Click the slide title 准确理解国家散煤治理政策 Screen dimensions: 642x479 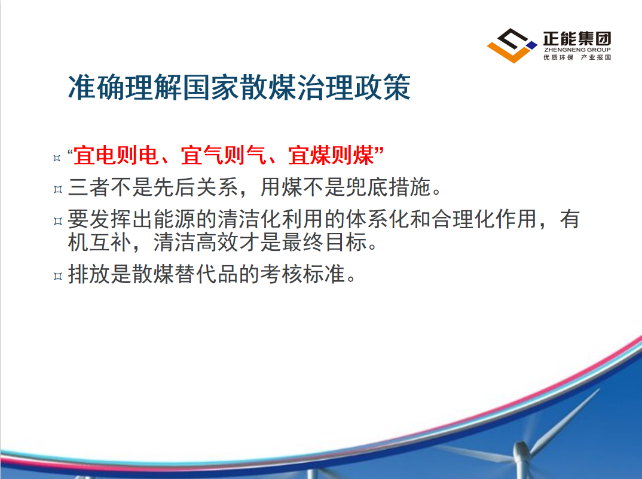[x=239, y=87]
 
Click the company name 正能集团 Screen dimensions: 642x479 [x=577, y=39]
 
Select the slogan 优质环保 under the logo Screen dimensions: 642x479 [x=558, y=57]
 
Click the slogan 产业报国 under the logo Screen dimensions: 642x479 [x=596, y=57]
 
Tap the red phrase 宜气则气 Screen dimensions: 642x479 [x=224, y=155]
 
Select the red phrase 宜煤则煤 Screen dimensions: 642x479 [x=331, y=155]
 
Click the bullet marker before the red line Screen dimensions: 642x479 [x=57, y=158]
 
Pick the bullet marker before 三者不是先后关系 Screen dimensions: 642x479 [x=57, y=189]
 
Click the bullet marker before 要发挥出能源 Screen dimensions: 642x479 [x=57, y=222]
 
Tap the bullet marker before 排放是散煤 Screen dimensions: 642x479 [x=57, y=277]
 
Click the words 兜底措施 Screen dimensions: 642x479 [x=388, y=188]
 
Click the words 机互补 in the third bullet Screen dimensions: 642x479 [x=99, y=242]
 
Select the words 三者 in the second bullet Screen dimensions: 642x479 [x=89, y=188]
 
